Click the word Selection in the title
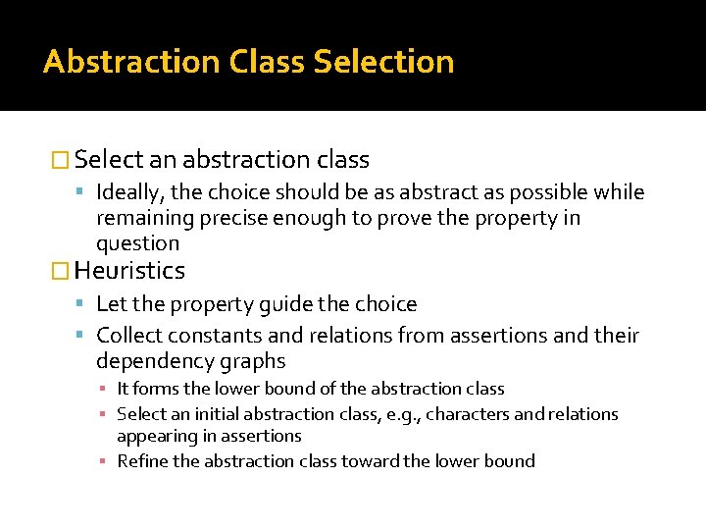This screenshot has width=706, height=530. [x=383, y=62]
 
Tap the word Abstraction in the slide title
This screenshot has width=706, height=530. [x=131, y=62]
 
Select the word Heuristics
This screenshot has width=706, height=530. [x=129, y=271]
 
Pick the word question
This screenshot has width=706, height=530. [x=137, y=244]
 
